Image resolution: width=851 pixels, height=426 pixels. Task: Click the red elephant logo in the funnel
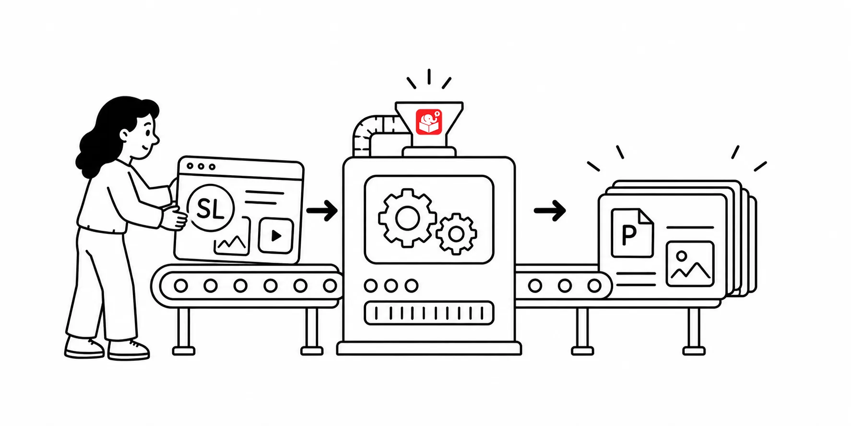(428, 122)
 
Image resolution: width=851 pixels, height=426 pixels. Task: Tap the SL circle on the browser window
(211, 208)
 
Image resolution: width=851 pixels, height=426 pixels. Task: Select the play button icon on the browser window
(276, 235)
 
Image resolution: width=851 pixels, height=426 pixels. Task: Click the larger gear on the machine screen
(407, 218)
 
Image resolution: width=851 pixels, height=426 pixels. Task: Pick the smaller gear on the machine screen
(456, 234)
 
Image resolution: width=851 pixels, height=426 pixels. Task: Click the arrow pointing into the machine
(322, 210)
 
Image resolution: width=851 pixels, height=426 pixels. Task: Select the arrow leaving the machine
(550, 210)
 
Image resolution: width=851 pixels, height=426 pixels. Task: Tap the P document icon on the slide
(632, 232)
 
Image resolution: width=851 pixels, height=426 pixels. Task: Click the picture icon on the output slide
(690, 264)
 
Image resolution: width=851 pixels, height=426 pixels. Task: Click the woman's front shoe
(129, 350)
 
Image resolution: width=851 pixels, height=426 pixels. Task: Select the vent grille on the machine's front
(429, 313)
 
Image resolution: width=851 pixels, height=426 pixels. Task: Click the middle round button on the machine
(391, 286)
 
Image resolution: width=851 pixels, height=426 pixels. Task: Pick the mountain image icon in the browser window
(232, 237)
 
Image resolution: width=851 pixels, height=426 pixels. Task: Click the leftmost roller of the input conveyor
(181, 286)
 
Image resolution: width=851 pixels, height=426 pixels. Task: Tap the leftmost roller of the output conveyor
(535, 286)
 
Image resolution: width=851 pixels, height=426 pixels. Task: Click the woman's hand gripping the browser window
(174, 217)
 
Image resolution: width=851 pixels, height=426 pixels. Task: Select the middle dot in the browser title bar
(201, 166)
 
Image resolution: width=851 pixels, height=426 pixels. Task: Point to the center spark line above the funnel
(429, 77)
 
